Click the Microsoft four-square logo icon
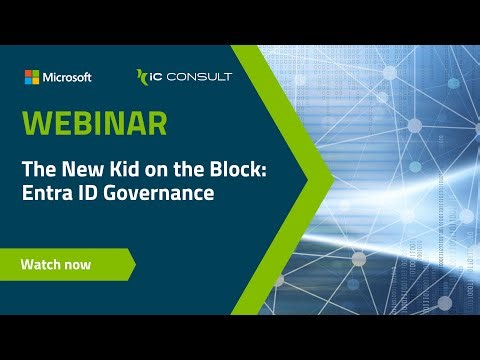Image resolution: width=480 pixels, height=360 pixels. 32,77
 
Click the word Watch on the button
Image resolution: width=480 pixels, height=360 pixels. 42,265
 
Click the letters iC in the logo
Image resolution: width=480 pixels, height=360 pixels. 158,77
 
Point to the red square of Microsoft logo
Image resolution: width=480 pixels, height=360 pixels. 28,73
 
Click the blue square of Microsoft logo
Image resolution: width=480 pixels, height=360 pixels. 28,81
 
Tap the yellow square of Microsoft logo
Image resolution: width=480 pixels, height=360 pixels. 36,81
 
